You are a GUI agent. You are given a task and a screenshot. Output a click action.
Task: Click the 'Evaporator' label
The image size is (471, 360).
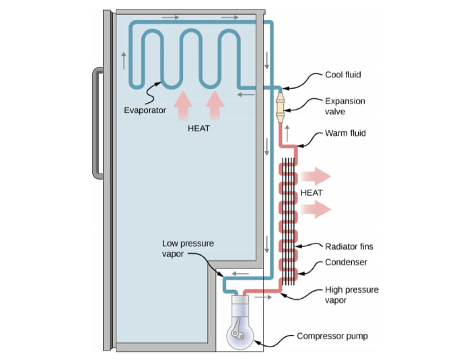pyautogui.click(x=145, y=110)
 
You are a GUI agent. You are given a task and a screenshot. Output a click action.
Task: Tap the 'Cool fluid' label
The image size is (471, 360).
pyautogui.click(x=344, y=75)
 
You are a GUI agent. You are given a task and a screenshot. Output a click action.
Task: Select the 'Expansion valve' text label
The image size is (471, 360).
pyautogui.click(x=345, y=106)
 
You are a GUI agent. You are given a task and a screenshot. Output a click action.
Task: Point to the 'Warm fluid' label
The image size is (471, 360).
pyautogui.click(x=345, y=133)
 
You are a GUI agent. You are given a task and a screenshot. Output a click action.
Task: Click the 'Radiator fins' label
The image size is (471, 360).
pyautogui.click(x=349, y=246)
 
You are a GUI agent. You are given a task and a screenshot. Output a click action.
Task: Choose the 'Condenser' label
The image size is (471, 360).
pyautogui.click(x=346, y=262)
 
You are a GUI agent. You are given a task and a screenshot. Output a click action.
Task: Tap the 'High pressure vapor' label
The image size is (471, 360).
pyautogui.click(x=351, y=295)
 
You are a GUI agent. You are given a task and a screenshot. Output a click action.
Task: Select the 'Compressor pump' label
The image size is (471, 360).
pyautogui.click(x=331, y=336)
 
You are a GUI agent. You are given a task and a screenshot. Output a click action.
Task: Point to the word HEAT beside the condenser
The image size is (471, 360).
pyautogui.click(x=312, y=193)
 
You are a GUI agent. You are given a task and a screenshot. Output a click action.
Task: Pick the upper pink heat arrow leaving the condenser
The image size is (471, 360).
pyautogui.click(x=316, y=177)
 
